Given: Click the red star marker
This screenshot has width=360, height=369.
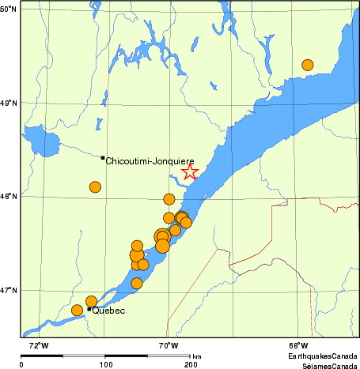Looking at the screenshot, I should point(190,172).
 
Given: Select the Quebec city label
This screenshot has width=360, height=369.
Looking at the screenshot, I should point(108,311).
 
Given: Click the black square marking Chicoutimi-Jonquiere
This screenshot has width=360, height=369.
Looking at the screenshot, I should point(103,157).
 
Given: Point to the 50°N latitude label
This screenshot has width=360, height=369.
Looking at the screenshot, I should point(9,9).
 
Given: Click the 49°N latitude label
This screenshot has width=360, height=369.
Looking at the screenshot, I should point(9,103).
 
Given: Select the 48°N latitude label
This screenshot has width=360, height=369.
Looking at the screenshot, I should point(9,197).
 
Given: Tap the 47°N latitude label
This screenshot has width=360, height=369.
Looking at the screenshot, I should point(9,291).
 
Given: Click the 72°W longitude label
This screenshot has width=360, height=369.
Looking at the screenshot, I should point(37,345).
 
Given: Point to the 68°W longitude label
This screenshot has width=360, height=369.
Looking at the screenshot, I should point(297,345).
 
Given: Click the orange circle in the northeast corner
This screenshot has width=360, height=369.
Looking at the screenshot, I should point(308,65).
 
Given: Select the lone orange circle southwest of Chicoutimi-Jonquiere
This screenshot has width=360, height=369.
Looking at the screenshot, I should point(95,187).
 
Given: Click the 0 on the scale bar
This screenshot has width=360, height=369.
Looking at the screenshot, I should point(21,364).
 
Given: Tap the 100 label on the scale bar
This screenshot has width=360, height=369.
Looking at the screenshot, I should point(104,364).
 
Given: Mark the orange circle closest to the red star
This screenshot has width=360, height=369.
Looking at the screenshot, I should point(169,199).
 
